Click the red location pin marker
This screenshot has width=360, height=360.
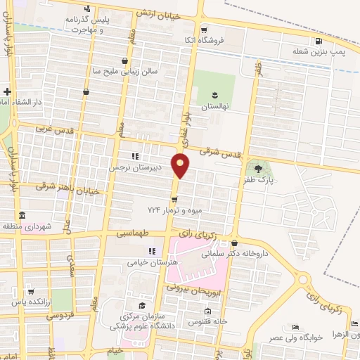(x=181, y=166)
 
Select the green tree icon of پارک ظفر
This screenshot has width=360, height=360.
(x=258, y=168)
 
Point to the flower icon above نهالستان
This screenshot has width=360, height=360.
(x=215, y=94)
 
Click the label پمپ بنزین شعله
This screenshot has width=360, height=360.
(x=310, y=51)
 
